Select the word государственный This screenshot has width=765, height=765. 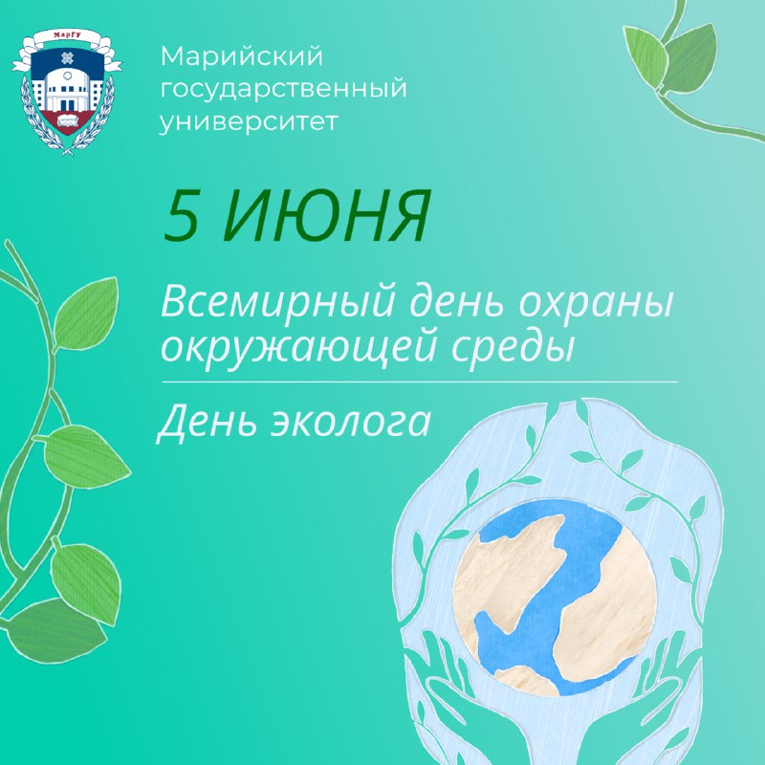coord(283,90)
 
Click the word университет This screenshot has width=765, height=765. coord(249,121)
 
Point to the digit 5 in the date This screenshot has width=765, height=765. coord(181,215)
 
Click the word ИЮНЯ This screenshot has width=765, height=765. coord(325,215)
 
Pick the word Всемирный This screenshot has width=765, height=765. coord(277,303)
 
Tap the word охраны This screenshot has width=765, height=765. coord(595,303)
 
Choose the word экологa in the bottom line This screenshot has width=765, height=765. coord(350,423)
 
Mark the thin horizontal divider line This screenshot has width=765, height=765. coord(420,382)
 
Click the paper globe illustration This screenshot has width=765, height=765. coord(556,597)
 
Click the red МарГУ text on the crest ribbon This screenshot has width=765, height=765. coord(67,34)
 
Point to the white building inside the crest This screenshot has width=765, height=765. coord(67,89)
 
